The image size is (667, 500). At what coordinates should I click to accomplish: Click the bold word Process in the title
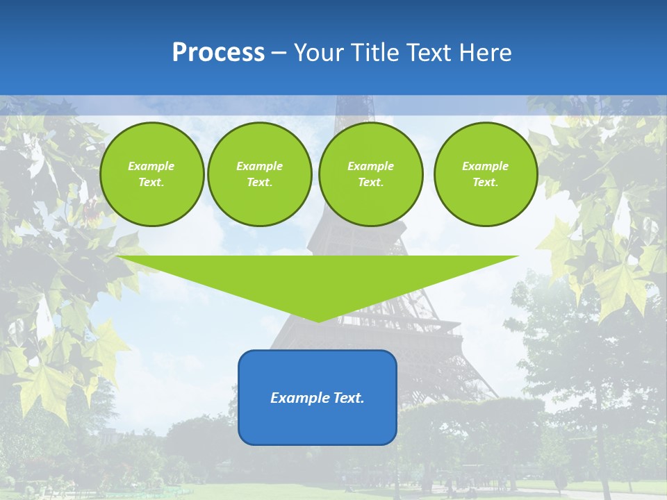[x=218, y=53]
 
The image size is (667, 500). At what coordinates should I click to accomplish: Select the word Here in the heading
[x=486, y=53]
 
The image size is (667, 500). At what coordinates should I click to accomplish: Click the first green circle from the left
[x=151, y=174]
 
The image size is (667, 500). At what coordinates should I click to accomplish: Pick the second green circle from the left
[x=260, y=174]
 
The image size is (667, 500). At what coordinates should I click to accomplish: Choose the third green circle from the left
[x=370, y=174]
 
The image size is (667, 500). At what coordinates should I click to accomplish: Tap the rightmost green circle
[x=486, y=174]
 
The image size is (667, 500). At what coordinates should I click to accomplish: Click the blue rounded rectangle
[x=318, y=424]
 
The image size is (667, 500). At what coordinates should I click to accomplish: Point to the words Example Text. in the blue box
[x=318, y=398]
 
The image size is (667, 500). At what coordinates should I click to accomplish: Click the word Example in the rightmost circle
[x=486, y=166]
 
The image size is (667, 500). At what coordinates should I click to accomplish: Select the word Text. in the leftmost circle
[x=151, y=183]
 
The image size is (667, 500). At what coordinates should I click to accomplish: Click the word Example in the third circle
[x=370, y=166]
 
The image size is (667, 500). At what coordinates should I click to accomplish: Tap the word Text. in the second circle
[x=260, y=183]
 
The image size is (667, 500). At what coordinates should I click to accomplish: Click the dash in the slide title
[x=279, y=53]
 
